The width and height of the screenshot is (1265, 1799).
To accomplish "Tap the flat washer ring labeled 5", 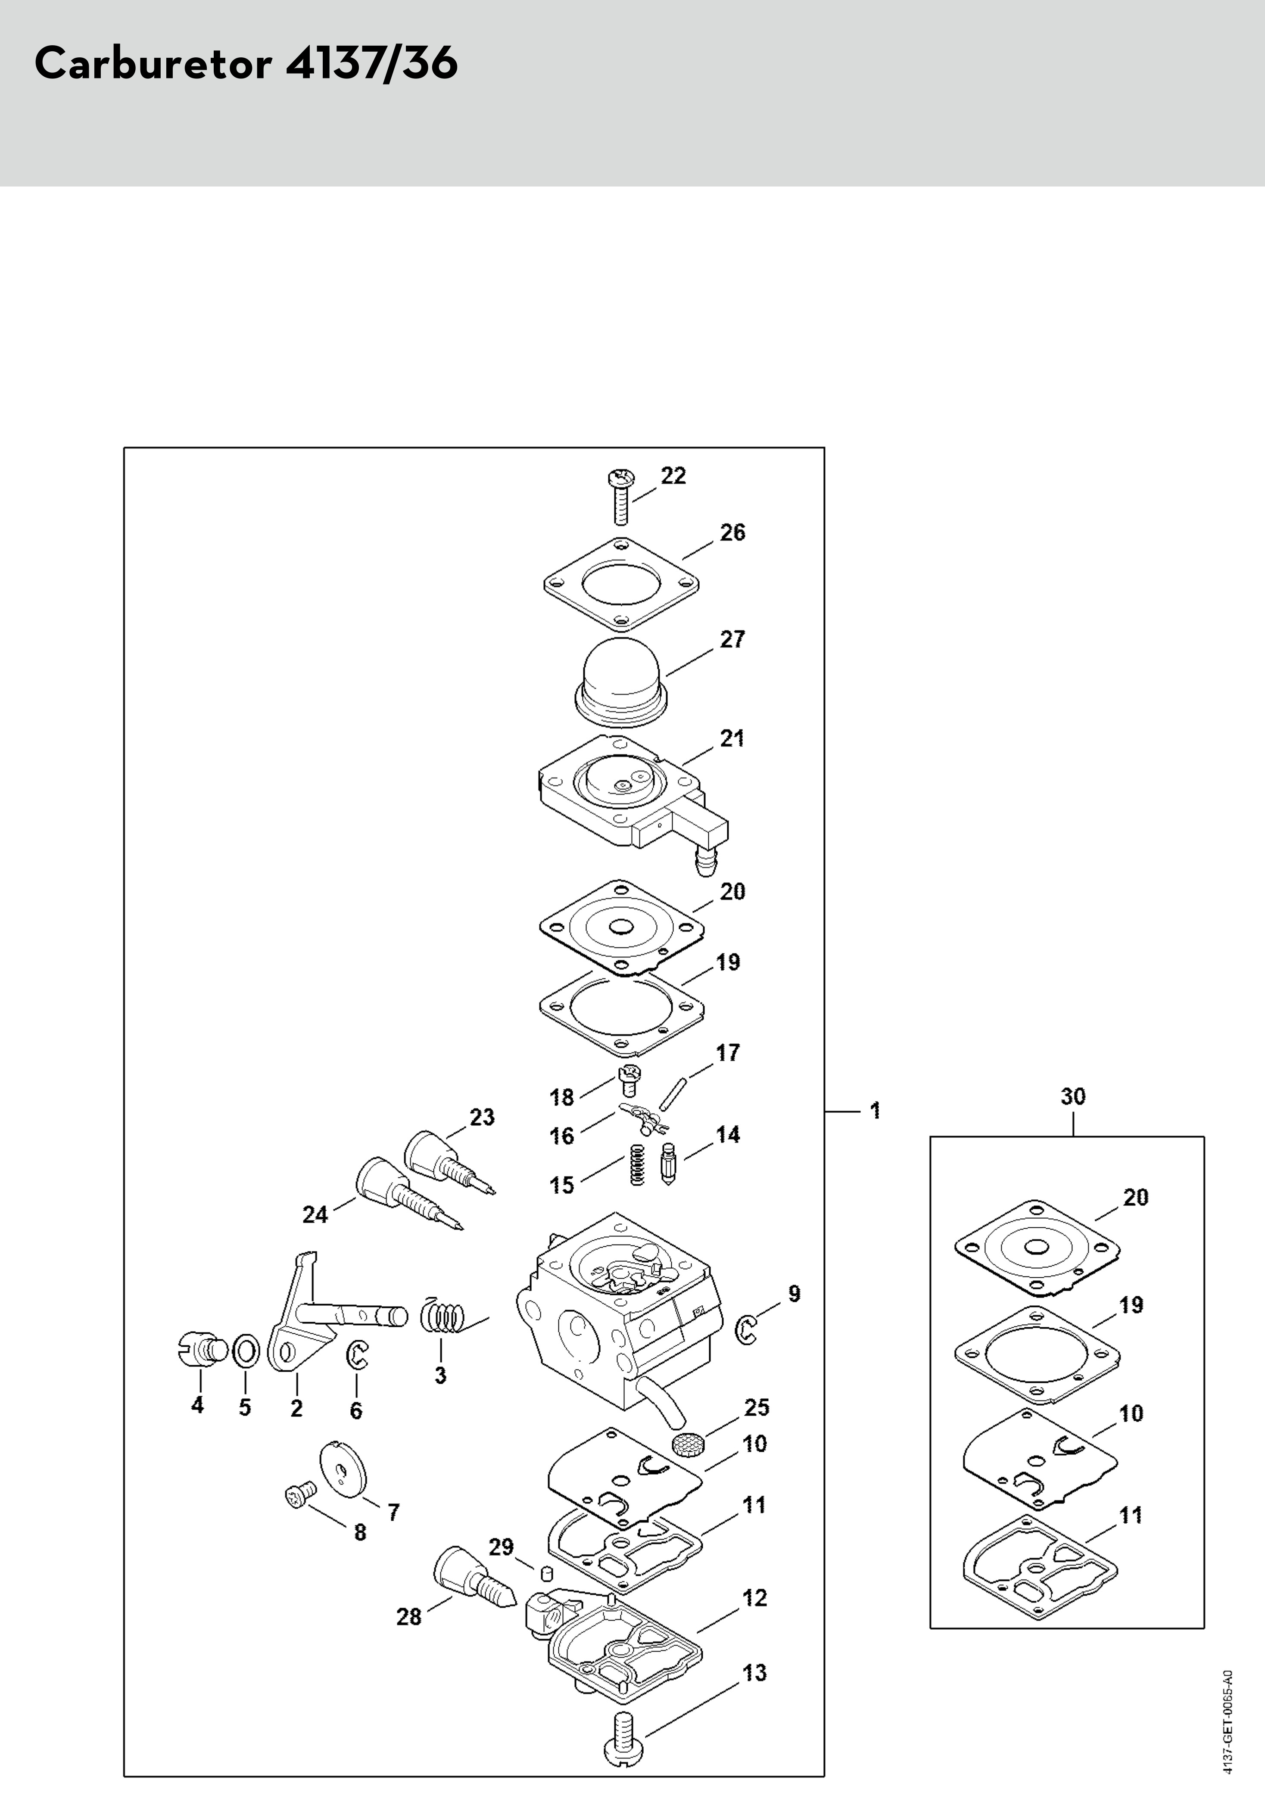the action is [245, 1351].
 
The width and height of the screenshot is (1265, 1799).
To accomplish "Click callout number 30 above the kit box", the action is [1073, 1096].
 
